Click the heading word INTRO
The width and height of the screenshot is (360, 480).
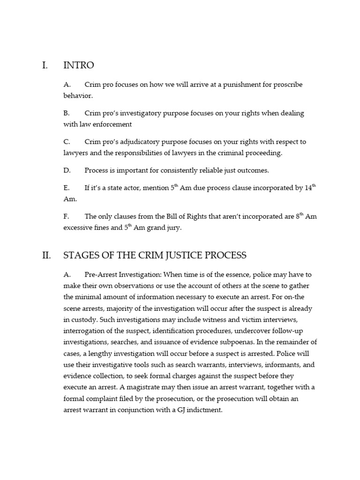(x=78, y=65)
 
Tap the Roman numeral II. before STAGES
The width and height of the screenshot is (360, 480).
(x=46, y=255)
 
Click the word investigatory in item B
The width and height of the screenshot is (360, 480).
(x=143, y=113)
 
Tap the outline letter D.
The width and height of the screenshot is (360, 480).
(x=67, y=170)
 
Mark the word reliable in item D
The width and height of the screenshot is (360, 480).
(x=226, y=170)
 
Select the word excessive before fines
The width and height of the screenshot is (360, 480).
(x=80, y=228)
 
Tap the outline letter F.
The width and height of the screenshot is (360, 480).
(x=66, y=217)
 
